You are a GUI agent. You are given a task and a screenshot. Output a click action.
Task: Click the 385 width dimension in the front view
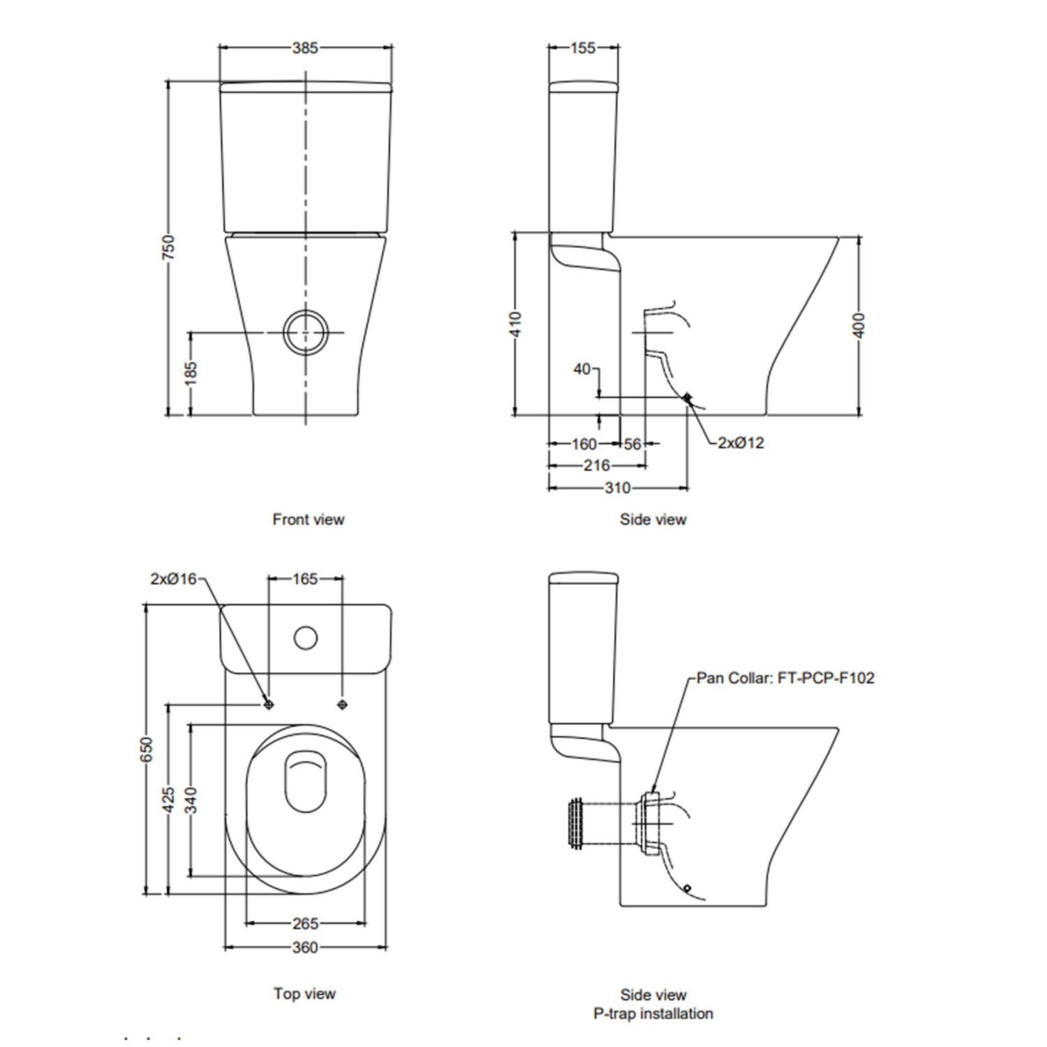305,48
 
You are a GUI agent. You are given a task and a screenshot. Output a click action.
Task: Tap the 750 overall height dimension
168,248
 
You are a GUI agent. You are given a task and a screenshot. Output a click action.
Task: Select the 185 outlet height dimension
191,374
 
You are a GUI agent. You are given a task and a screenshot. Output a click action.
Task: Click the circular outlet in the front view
306,332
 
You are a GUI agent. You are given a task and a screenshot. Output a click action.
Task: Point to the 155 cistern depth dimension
583,48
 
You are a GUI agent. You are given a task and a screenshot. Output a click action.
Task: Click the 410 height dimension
515,325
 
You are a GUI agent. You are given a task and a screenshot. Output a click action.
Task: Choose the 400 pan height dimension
859,325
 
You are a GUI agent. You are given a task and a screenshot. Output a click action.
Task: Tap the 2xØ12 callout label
741,443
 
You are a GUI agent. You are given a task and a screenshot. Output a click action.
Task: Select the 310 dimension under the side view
618,488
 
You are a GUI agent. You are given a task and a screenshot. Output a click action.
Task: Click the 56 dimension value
632,444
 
